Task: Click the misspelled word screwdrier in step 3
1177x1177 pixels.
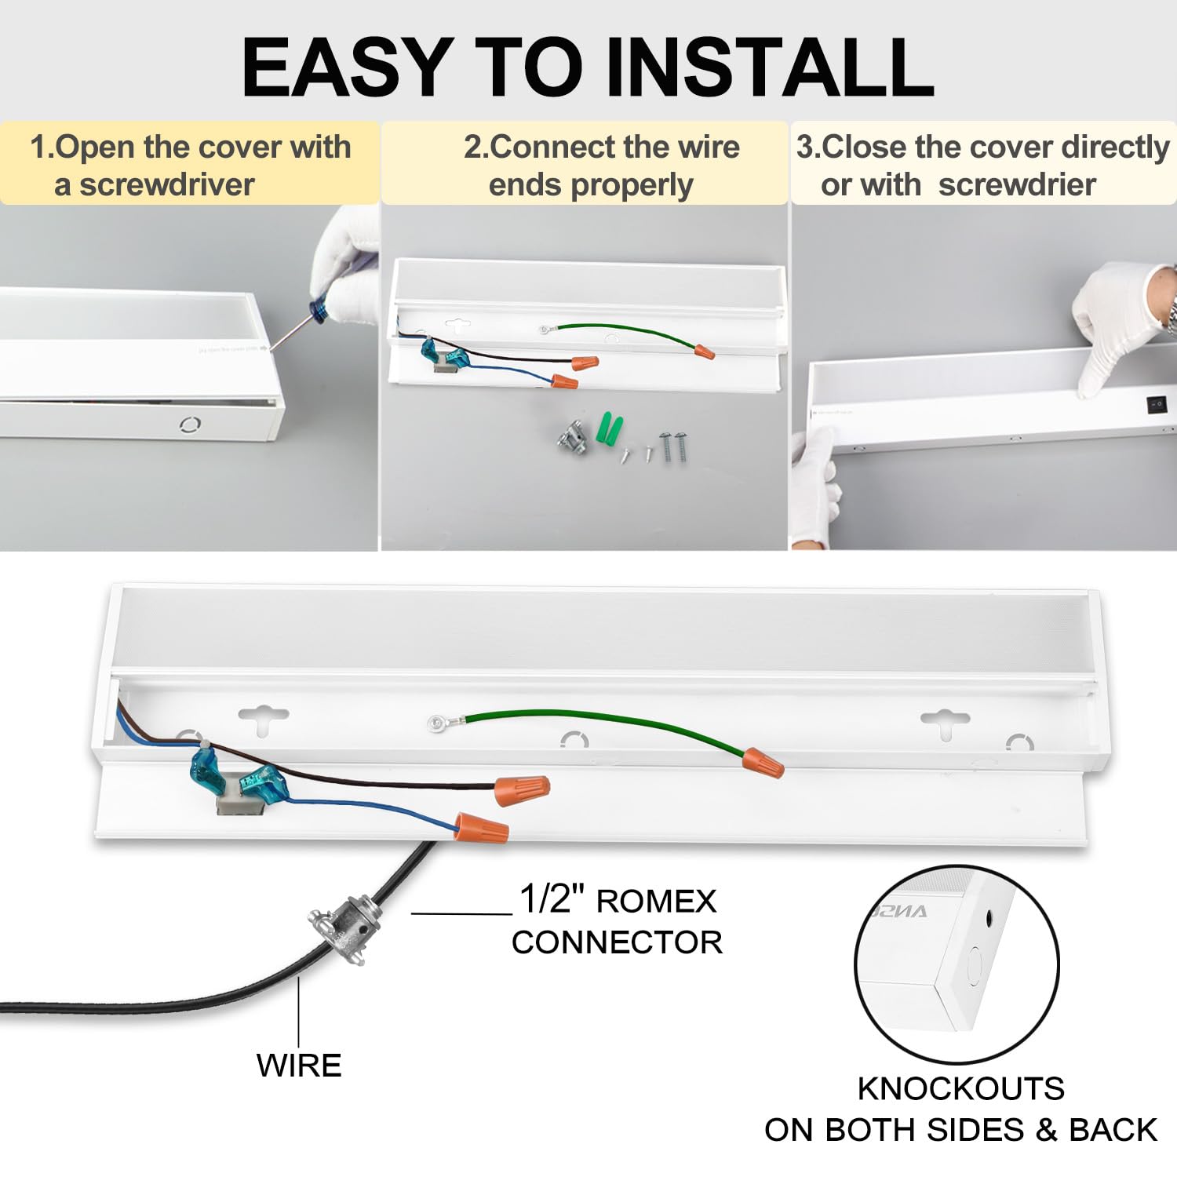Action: pyautogui.click(x=1017, y=185)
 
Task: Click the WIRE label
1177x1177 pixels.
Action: pyautogui.click(x=299, y=1066)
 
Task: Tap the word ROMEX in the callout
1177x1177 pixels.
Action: pyautogui.click(x=656, y=902)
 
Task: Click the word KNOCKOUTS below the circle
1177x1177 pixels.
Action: pyautogui.click(x=960, y=1088)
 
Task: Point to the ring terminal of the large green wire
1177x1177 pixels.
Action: pyautogui.click(x=435, y=723)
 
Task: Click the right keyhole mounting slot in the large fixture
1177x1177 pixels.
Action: pyautogui.click(x=945, y=722)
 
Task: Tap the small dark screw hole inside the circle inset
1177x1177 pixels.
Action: pyautogui.click(x=989, y=916)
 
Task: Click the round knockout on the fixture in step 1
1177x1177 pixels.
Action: pyautogui.click(x=190, y=425)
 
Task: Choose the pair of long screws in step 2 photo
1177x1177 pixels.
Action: pyautogui.click(x=672, y=446)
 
